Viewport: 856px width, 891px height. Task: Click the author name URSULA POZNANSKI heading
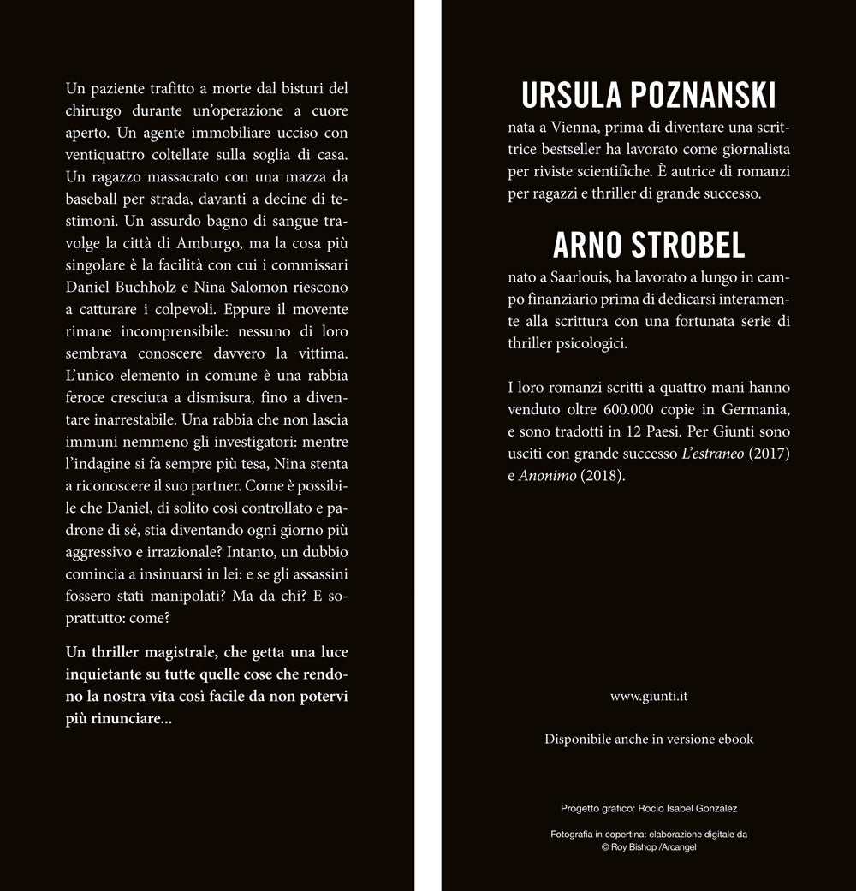(x=648, y=97)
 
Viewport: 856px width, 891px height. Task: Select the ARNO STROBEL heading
(x=648, y=245)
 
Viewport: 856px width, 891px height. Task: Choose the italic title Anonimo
(x=547, y=476)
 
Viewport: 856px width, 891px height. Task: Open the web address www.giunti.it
(x=648, y=696)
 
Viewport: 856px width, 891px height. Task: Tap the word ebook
(x=734, y=739)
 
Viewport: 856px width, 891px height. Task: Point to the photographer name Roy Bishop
(x=633, y=846)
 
